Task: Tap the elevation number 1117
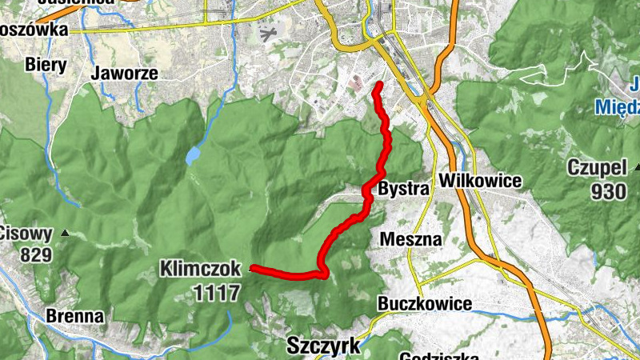(x=216, y=293)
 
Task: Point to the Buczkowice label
(x=424, y=304)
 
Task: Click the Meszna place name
(x=411, y=239)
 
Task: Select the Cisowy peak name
(x=26, y=234)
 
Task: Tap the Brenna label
(x=74, y=316)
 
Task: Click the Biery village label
(x=46, y=63)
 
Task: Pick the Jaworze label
(x=124, y=74)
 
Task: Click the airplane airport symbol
(x=268, y=34)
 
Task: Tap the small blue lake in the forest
(x=194, y=154)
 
